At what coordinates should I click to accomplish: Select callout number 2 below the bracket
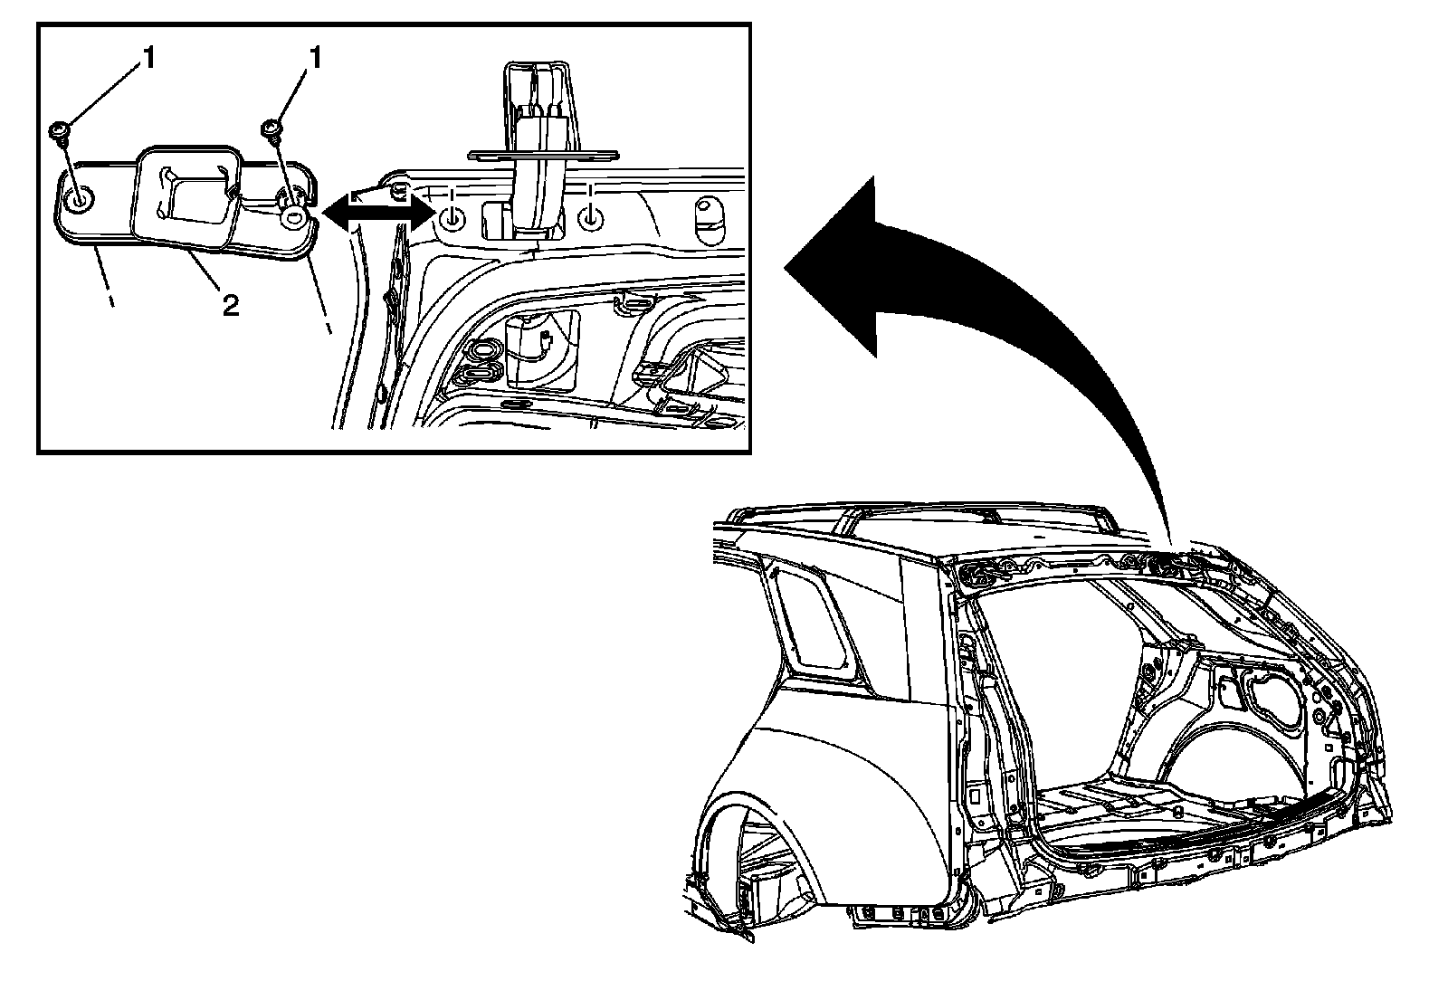click(x=231, y=306)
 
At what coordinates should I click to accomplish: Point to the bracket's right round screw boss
click(x=294, y=218)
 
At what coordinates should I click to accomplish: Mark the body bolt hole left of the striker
click(x=452, y=217)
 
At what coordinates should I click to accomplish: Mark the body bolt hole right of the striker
click(x=590, y=217)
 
